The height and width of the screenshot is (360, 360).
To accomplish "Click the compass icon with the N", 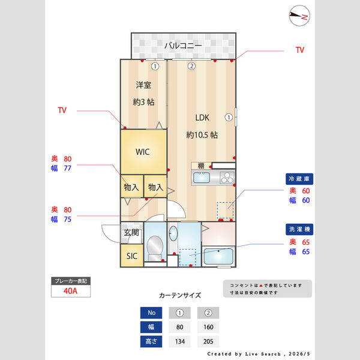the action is pyautogui.click(x=299, y=16).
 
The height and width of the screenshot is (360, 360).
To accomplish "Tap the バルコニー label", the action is pyautogui.click(x=183, y=46).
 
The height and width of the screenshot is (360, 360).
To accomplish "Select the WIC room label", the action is pyautogui.click(x=143, y=152).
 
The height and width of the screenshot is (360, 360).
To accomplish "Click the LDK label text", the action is pyautogui.click(x=202, y=118).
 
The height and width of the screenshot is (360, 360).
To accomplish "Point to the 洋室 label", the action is pyautogui.click(x=143, y=85).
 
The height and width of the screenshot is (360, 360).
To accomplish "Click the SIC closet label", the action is pyautogui.click(x=132, y=256).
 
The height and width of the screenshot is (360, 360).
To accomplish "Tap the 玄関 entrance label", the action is pyautogui.click(x=131, y=233).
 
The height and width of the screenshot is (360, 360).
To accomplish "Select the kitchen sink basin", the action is pyautogui.click(x=202, y=178).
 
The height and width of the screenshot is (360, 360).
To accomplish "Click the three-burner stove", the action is pyautogui.click(x=227, y=178).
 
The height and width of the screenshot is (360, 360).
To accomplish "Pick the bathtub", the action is pyautogui.click(x=218, y=256).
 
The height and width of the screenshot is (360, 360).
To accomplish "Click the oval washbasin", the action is pyautogui.click(x=173, y=233).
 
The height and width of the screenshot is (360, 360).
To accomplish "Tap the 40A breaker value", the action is pyautogui.click(x=70, y=291).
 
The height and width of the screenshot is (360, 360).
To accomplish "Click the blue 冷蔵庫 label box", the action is pyautogui.click(x=299, y=179).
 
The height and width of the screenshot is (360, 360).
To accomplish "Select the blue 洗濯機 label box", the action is pyautogui.click(x=299, y=229).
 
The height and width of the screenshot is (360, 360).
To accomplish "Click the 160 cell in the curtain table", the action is pyautogui.click(x=208, y=327).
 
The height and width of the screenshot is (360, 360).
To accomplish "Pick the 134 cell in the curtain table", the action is pyautogui.click(x=180, y=341).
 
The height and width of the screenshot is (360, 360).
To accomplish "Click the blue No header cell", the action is pyautogui.click(x=151, y=313).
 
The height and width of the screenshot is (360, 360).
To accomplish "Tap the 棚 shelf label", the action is pyautogui.click(x=201, y=166).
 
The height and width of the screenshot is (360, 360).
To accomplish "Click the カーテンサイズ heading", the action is pyautogui.click(x=180, y=295).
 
